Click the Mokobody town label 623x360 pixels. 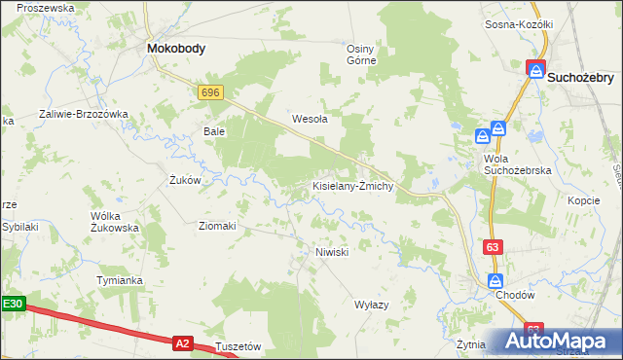175,47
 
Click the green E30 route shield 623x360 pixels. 12,305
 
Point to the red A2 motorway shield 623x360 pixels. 182,342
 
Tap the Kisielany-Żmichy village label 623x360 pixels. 351,185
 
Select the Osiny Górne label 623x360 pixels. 361,54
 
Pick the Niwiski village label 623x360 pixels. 332,252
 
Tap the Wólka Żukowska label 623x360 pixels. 114,221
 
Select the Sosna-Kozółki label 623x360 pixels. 519,24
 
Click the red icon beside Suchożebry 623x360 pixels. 535,69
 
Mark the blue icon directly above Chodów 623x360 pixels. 496,280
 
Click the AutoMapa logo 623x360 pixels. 559,342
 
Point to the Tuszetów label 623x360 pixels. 238,346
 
